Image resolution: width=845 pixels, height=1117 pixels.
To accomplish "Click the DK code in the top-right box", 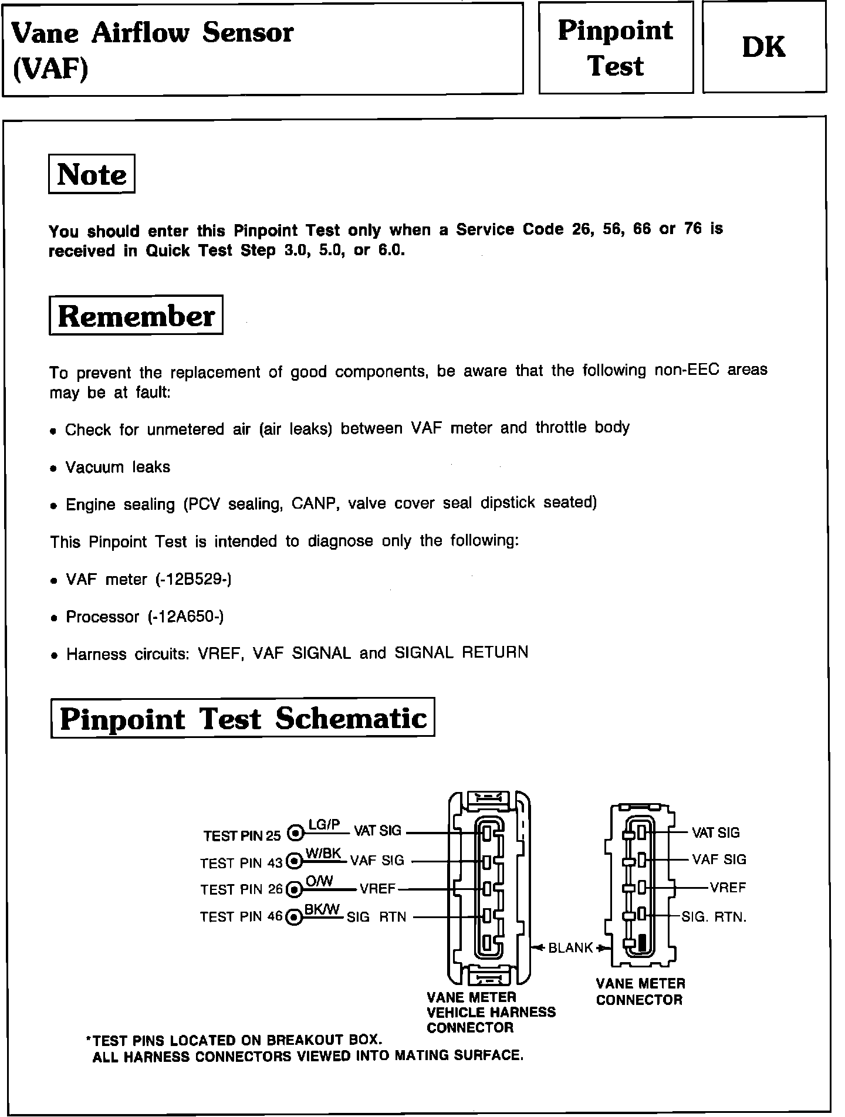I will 763,48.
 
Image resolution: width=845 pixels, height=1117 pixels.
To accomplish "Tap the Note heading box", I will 92,174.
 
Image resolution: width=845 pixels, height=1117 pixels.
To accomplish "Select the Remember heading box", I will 136,316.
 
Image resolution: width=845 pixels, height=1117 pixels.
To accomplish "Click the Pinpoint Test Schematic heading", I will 243,718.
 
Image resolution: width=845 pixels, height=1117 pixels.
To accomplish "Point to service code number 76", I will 693,229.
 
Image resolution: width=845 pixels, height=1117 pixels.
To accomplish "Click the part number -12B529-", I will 193,580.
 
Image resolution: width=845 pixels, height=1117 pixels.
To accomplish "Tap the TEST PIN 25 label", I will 242,835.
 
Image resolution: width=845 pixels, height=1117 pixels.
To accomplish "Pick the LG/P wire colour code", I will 324,825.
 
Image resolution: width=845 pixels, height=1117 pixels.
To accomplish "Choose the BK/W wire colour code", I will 322,909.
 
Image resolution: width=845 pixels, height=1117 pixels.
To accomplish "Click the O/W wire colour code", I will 320,881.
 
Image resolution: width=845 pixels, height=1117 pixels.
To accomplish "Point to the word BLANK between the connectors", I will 570,948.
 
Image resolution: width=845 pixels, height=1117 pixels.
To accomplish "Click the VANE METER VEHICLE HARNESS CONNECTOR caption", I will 491,1012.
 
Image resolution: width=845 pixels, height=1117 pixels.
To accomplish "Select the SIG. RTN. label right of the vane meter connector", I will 714,916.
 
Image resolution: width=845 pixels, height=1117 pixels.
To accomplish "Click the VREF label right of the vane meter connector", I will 728,888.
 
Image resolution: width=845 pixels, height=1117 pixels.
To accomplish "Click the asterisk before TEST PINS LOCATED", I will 89,1040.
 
